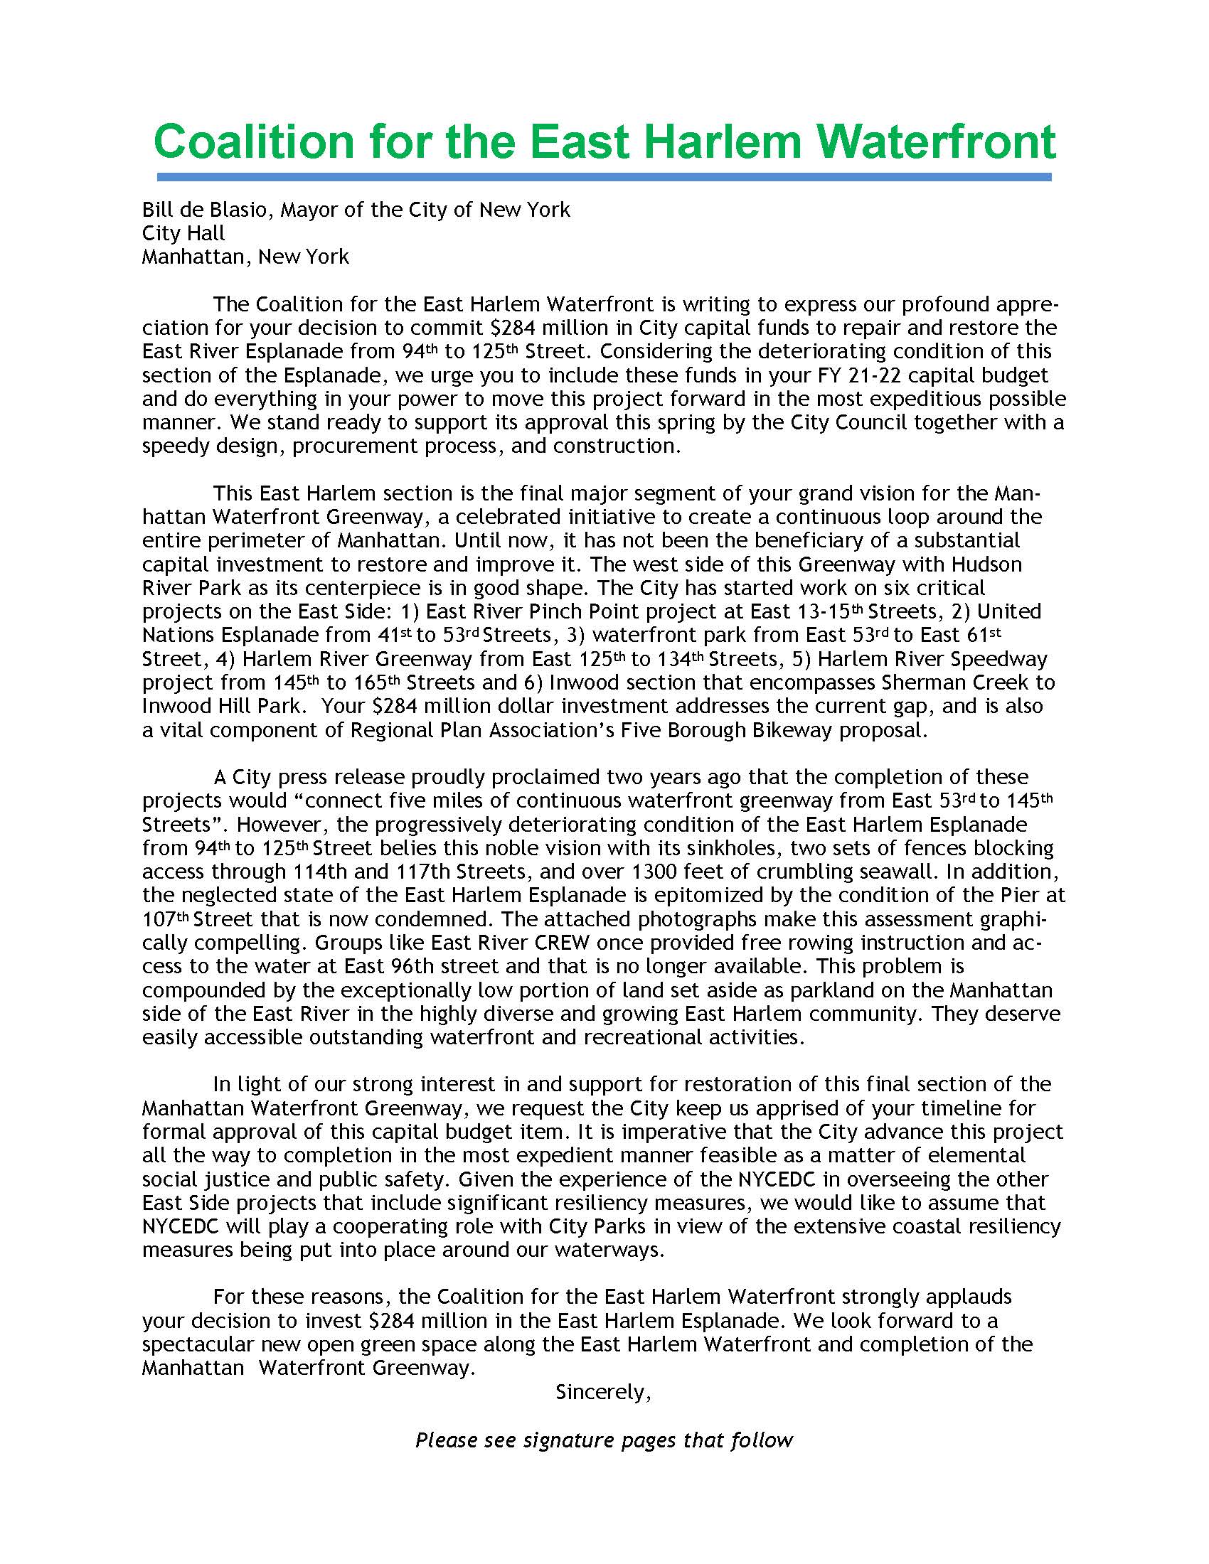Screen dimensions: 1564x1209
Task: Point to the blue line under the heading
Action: pos(604,177)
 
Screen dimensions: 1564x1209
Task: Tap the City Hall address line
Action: pos(183,233)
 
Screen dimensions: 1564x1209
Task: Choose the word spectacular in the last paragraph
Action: pos(196,1344)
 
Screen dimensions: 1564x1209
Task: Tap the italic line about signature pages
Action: pos(604,1440)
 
